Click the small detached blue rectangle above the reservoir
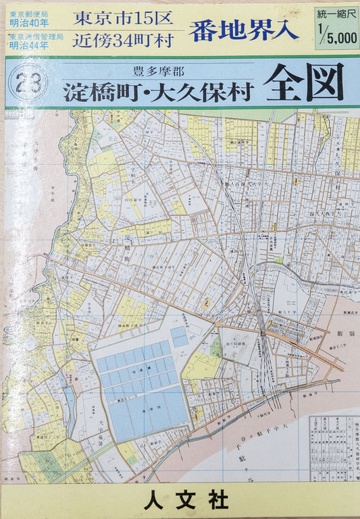pyautogui.click(x=178, y=336)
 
